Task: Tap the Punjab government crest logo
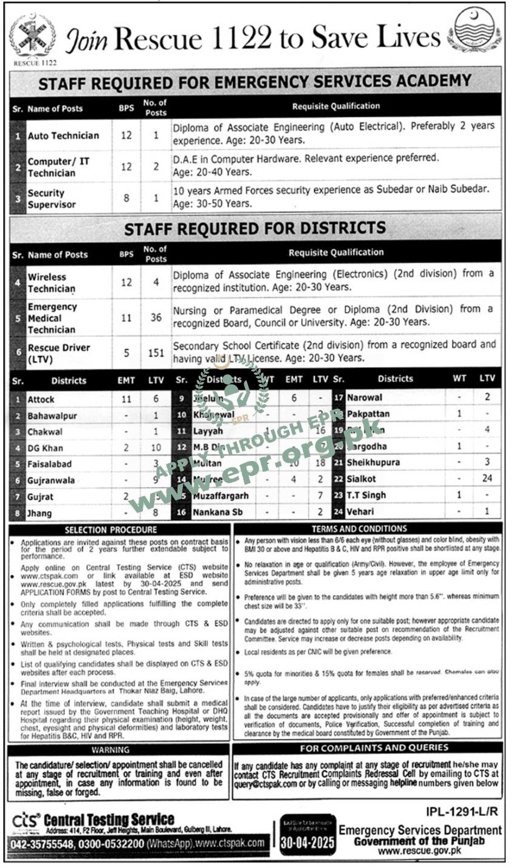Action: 479,30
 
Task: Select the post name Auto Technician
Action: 64,135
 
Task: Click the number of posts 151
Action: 156,352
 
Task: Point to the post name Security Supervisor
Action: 52,199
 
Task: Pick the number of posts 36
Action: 156,317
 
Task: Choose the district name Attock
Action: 41,399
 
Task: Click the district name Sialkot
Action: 361,479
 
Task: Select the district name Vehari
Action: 361,512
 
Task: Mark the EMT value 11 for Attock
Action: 126,399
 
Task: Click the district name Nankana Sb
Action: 218,512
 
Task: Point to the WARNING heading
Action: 119,750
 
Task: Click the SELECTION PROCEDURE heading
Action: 119,530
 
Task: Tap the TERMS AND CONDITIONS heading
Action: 368,529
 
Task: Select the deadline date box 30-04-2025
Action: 308,843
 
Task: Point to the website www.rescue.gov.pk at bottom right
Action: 420,851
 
